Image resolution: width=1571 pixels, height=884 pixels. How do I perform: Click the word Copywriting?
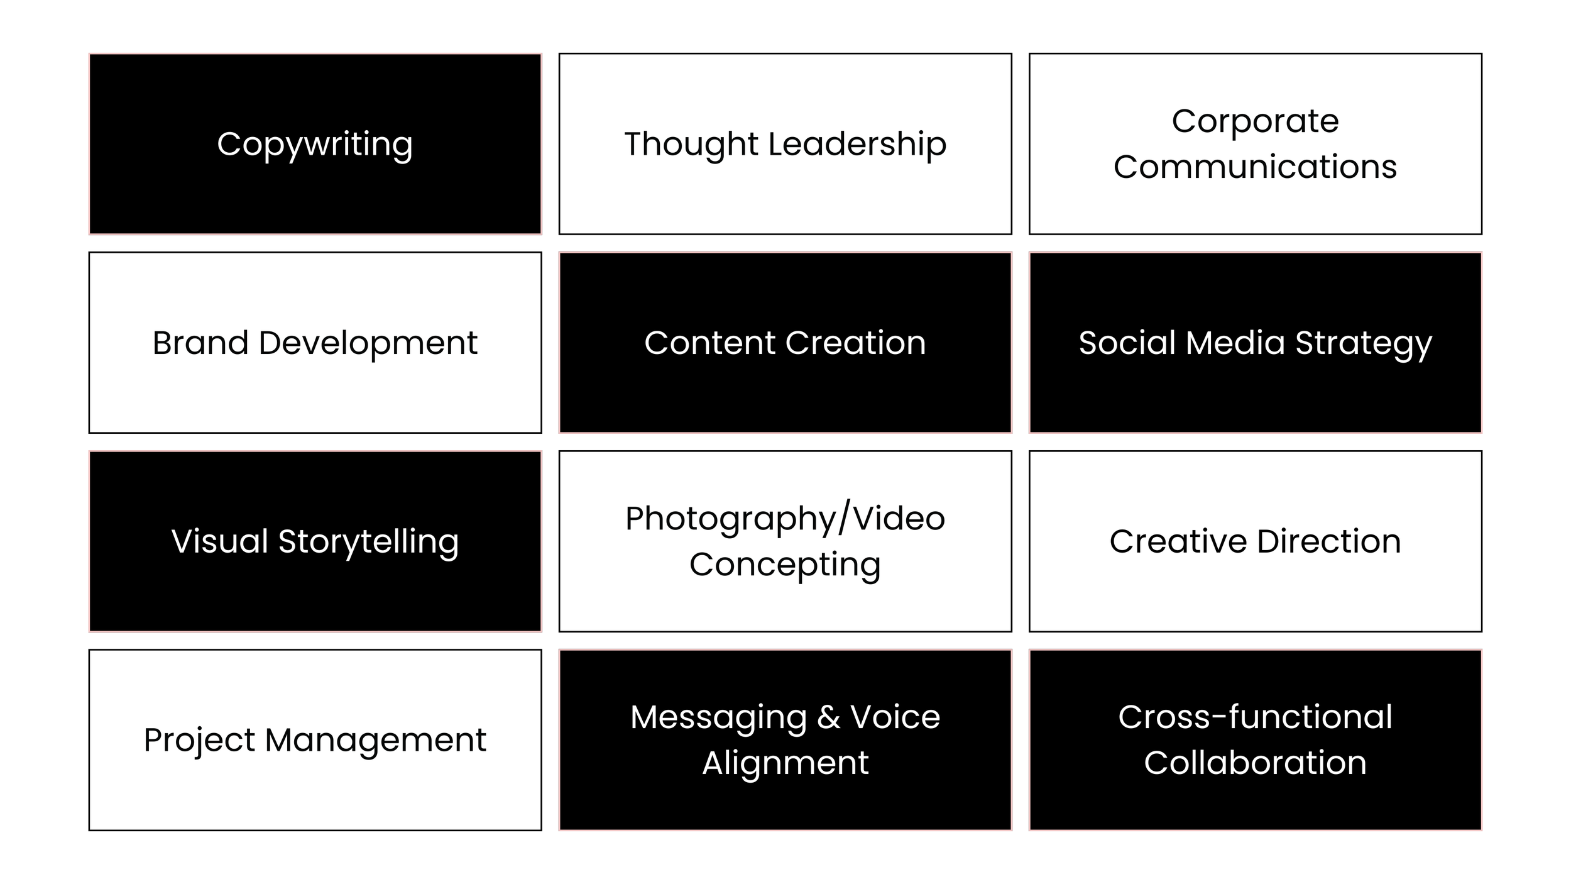coord(315,145)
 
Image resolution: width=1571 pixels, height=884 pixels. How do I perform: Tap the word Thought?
coord(691,145)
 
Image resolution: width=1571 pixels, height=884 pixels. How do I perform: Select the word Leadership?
coord(857,143)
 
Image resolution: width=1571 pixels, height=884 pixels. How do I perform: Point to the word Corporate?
coord(1255,121)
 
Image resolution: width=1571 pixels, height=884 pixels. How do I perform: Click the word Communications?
coord(1255,167)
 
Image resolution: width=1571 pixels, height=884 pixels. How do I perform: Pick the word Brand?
coord(200,343)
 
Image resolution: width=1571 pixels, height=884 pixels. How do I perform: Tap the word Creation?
coord(855,343)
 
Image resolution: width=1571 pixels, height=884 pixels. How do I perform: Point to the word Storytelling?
coord(368,542)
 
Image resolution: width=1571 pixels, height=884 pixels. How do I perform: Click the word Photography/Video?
coord(785,519)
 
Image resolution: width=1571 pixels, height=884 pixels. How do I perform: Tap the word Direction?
coord(1329,541)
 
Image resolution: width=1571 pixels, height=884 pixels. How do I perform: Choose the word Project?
coord(199,741)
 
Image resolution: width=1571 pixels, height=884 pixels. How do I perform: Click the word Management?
coord(375,741)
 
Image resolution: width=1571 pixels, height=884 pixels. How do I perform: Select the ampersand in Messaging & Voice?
coord(829,717)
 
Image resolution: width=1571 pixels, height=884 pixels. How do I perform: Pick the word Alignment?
coord(785,763)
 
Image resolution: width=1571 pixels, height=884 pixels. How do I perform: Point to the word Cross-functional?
coord(1255,717)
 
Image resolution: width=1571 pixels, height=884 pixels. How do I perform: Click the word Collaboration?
coord(1255,763)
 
